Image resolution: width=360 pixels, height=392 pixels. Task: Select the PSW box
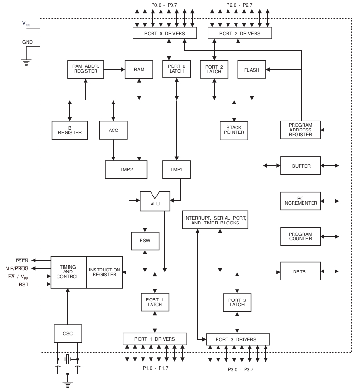145,241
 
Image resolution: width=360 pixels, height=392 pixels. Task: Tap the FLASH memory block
252,70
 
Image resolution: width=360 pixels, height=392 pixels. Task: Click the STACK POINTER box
235,129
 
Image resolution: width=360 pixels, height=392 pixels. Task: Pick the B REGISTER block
70,130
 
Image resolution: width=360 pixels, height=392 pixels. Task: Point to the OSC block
68,333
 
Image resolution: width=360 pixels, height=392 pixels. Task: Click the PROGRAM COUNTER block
301,236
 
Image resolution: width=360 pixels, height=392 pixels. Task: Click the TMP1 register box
176,169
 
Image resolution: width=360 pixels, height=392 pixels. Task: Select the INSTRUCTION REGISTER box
104,271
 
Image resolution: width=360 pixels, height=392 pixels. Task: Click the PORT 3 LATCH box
237,302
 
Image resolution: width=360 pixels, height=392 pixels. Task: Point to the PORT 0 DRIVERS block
165,33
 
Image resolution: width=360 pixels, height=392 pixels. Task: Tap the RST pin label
23,284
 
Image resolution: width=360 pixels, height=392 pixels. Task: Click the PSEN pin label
22,261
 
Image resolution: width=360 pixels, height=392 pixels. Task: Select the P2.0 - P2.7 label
240,5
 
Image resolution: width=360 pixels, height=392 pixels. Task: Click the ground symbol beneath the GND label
27,60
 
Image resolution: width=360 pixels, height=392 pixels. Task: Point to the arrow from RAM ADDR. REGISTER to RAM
114,69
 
